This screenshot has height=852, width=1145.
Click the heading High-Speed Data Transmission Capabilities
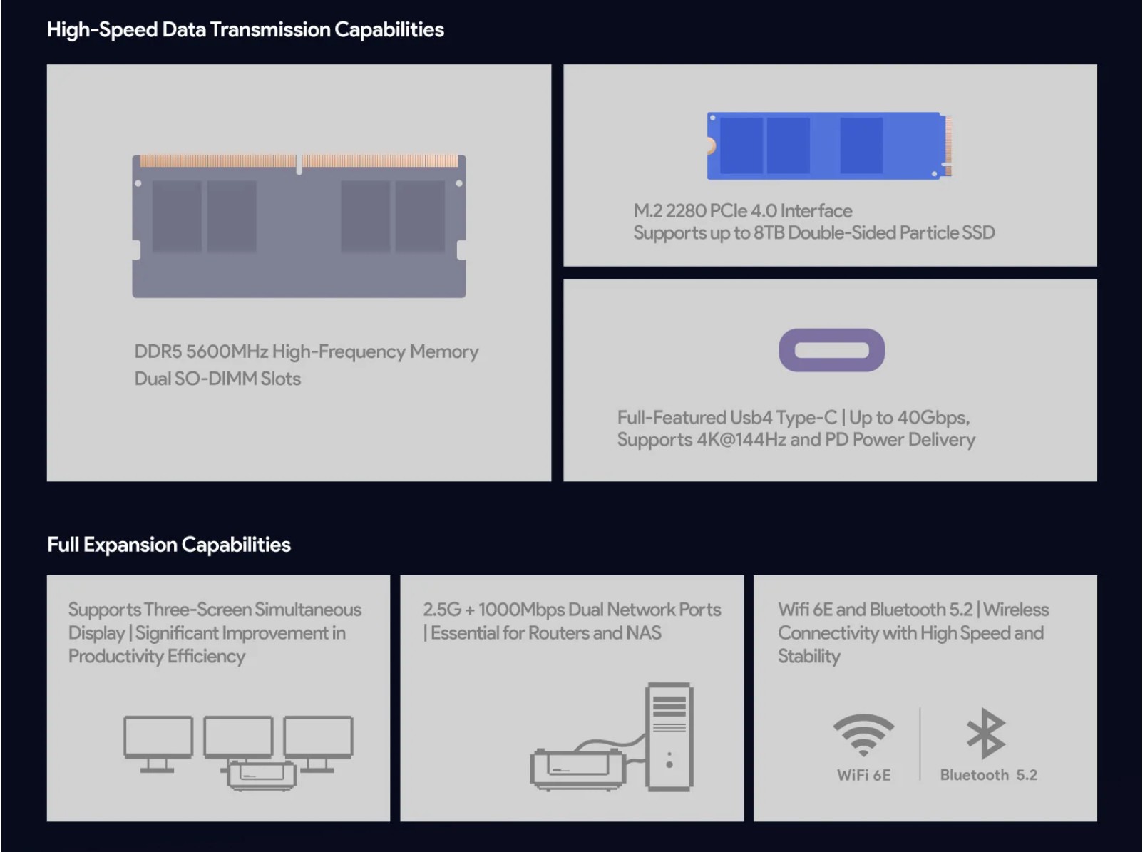(x=245, y=30)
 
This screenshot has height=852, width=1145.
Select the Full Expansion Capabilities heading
(x=169, y=545)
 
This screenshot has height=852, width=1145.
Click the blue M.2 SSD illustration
(x=829, y=145)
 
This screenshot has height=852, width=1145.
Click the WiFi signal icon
(x=863, y=734)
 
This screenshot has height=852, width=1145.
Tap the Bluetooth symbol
(x=986, y=733)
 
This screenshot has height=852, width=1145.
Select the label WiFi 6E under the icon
(x=863, y=775)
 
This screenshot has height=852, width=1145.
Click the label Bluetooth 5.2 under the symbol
(x=988, y=775)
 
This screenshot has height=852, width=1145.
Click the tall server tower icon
(x=669, y=736)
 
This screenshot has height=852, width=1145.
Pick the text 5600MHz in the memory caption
(x=226, y=351)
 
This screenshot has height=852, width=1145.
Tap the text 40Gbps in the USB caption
(x=933, y=418)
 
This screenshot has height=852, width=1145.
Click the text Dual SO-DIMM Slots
(x=217, y=379)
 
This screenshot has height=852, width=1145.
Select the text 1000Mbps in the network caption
(x=521, y=610)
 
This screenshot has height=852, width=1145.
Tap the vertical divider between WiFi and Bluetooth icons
(x=920, y=744)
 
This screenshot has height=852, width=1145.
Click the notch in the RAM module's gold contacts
(x=299, y=164)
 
